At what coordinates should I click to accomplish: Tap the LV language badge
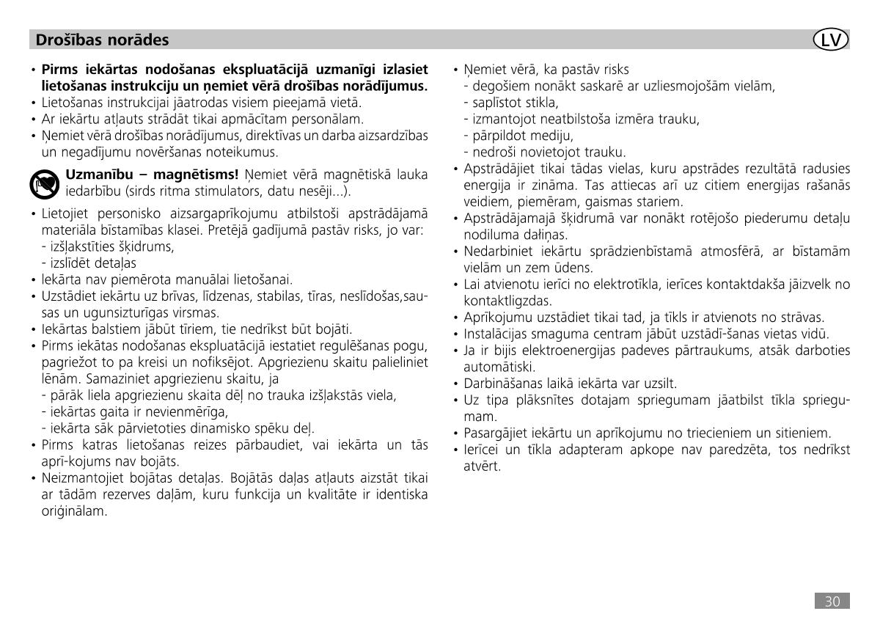[x=831, y=40]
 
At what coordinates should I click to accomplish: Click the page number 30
[x=832, y=601]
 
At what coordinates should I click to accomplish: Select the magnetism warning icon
[x=45, y=184]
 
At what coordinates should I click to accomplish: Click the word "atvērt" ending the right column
[x=481, y=466]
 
